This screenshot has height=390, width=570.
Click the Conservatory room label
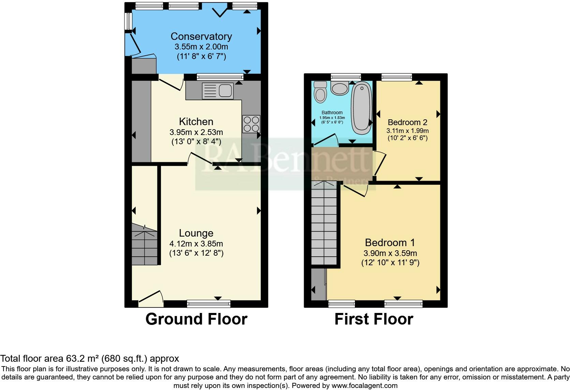201,36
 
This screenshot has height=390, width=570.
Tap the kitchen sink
217,91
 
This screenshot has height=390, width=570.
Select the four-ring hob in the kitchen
251,124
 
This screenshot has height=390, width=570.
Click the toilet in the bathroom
320,92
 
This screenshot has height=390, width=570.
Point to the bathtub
361,108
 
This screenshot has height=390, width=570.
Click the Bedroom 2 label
407,122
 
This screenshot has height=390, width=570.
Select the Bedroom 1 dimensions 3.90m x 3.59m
390,253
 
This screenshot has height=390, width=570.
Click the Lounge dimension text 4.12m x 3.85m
196,244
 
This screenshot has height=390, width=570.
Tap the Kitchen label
196,122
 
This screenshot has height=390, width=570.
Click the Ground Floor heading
196,319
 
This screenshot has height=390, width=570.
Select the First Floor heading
374,319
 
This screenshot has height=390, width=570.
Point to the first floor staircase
324,223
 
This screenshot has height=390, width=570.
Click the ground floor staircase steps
144,244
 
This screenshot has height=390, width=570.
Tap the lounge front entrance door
151,299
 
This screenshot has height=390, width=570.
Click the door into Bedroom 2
380,163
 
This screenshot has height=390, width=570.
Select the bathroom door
326,140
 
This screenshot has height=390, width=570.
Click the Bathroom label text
332,112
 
